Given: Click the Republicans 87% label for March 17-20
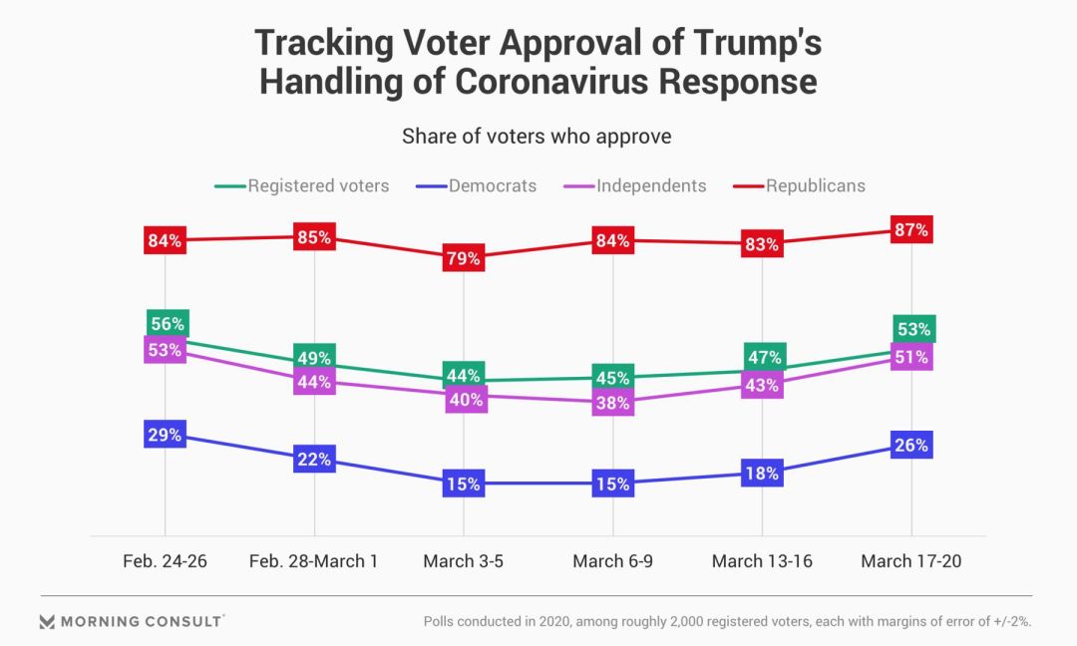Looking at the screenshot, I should (911, 230).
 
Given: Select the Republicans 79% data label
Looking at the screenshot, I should (464, 258).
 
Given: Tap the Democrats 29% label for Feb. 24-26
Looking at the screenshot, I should (165, 435).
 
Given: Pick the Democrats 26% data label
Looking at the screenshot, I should (911, 445).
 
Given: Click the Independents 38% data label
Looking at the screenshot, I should (613, 403).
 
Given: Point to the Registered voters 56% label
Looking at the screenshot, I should (166, 323).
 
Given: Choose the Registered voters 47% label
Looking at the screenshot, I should (763, 357).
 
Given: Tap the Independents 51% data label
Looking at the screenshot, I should (911, 357).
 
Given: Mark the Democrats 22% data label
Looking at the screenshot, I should (314, 460).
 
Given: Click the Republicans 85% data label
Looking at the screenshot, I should (314, 238).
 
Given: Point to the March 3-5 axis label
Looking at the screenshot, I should (464, 561).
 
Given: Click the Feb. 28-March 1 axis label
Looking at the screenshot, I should (313, 561).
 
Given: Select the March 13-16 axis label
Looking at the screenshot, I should (762, 561).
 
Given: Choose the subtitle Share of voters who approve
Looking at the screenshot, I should (537, 137).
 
